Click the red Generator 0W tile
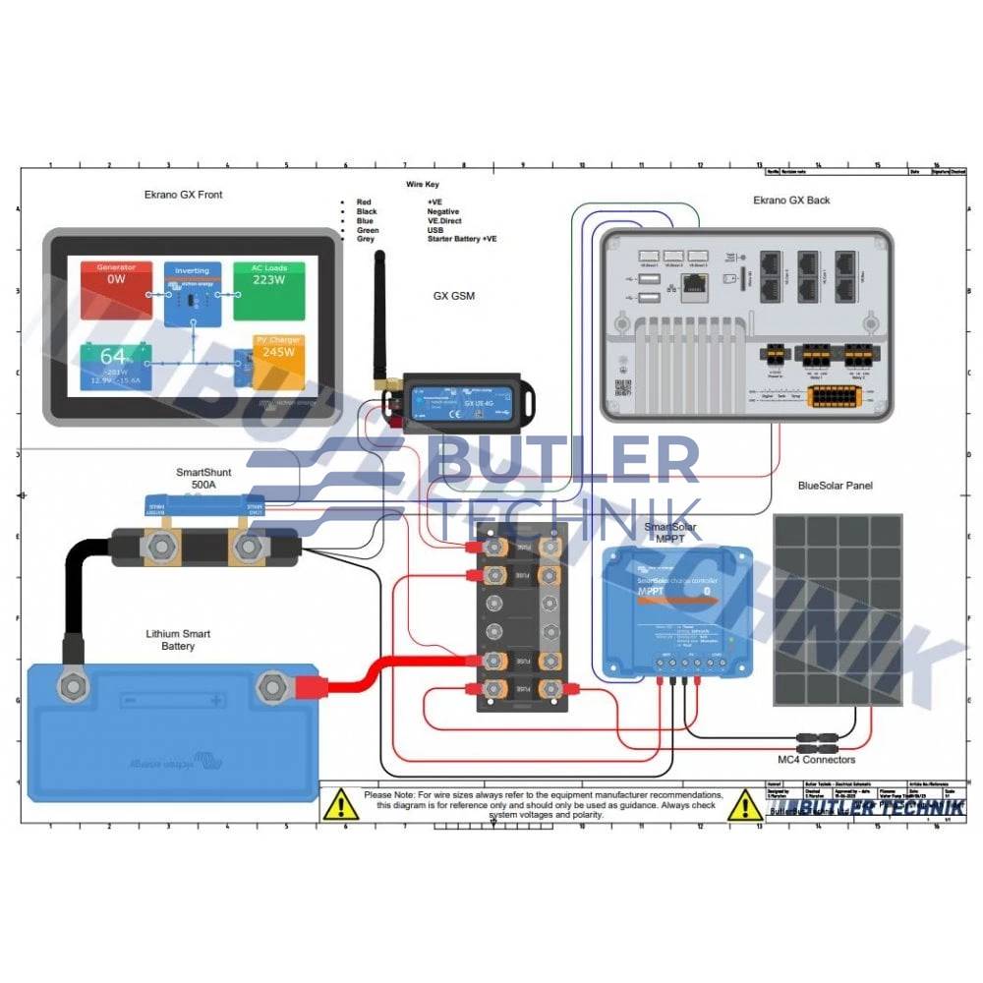(117, 290)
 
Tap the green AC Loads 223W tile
(268, 289)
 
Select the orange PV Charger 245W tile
(278, 361)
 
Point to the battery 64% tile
(116, 365)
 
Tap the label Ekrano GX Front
(183, 195)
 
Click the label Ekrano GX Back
(791, 200)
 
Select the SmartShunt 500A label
(201, 478)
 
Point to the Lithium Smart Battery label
(178, 640)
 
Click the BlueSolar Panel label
(836, 486)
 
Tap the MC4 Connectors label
(816, 760)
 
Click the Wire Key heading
(425, 184)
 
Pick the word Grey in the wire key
(366, 239)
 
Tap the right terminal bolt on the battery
(270, 687)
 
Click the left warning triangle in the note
(340, 805)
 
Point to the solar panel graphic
(837, 609)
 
